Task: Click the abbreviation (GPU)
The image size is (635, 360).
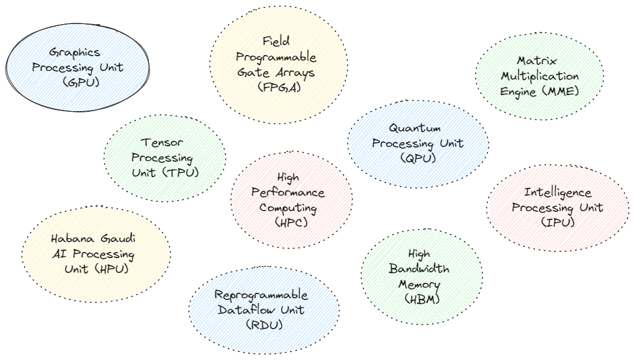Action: [77, 82]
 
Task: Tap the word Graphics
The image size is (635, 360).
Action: [74, 52]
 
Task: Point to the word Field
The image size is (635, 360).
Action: [276, 42]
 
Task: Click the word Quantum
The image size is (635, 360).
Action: [414, 128]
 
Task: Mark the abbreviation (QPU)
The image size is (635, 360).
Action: [418, 158]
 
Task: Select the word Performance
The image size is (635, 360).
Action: [287, 193]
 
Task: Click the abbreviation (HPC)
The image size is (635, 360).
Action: [290, 222]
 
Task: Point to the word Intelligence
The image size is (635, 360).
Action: [557, 193]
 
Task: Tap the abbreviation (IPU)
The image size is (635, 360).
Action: [558, 222]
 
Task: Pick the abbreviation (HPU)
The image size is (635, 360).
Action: [112, 269]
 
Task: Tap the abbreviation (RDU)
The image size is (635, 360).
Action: [264, 325]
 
